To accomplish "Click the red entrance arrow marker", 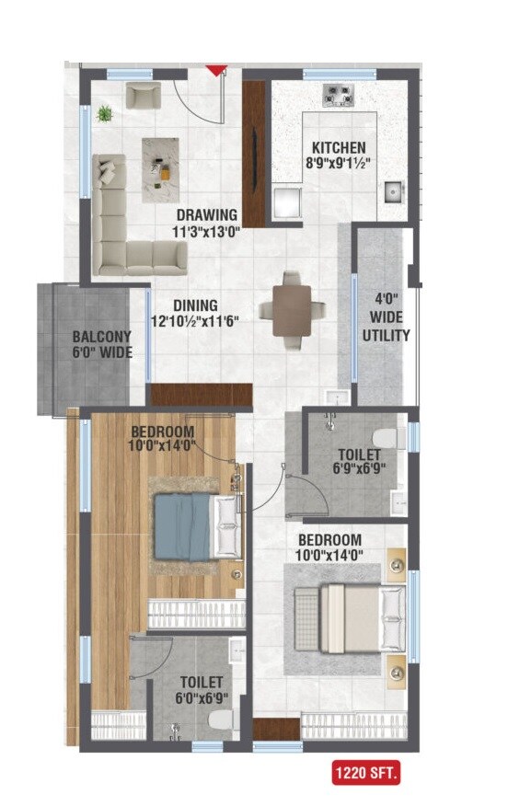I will [x=216, y=70].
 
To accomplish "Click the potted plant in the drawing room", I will [x=105, y=114].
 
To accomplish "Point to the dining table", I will [x=291, y=310].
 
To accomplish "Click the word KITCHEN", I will [x=338, y=147].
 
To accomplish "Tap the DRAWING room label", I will [x=207, y=216].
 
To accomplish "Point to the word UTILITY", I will [x=387, y=336].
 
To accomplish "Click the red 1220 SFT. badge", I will [x=365, y=774].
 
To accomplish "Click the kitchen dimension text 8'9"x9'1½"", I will [x=338, y=163].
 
